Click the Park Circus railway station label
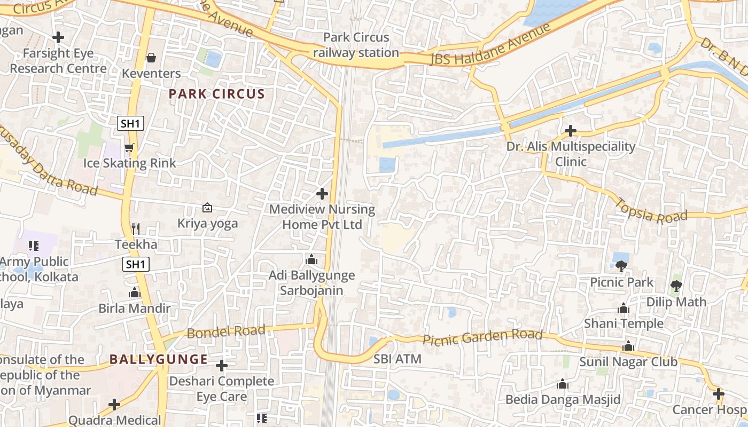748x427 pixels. point(356,45)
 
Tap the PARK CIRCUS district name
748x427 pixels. point(217,94)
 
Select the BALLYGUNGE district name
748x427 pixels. point(159,359)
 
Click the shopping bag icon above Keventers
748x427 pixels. point(151,58)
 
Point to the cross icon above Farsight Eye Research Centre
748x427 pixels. point(58,37)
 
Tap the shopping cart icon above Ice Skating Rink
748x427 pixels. point(129,148)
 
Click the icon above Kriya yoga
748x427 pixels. point(207,208)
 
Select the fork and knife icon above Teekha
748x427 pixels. point(136,229)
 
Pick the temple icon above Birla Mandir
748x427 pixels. point(134,292)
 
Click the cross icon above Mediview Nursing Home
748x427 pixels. point(322,194)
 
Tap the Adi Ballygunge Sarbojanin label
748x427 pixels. point(311,283)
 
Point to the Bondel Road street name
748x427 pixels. point(226,331)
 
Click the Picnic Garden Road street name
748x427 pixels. point(482,337)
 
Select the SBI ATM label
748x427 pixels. point(398,359)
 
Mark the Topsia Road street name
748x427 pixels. point(651,210)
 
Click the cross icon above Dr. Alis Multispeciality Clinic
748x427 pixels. point(571,131)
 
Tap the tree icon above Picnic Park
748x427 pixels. point(621,266)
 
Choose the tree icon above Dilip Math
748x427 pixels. point(676,286)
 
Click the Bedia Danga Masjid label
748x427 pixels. point(563,399)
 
